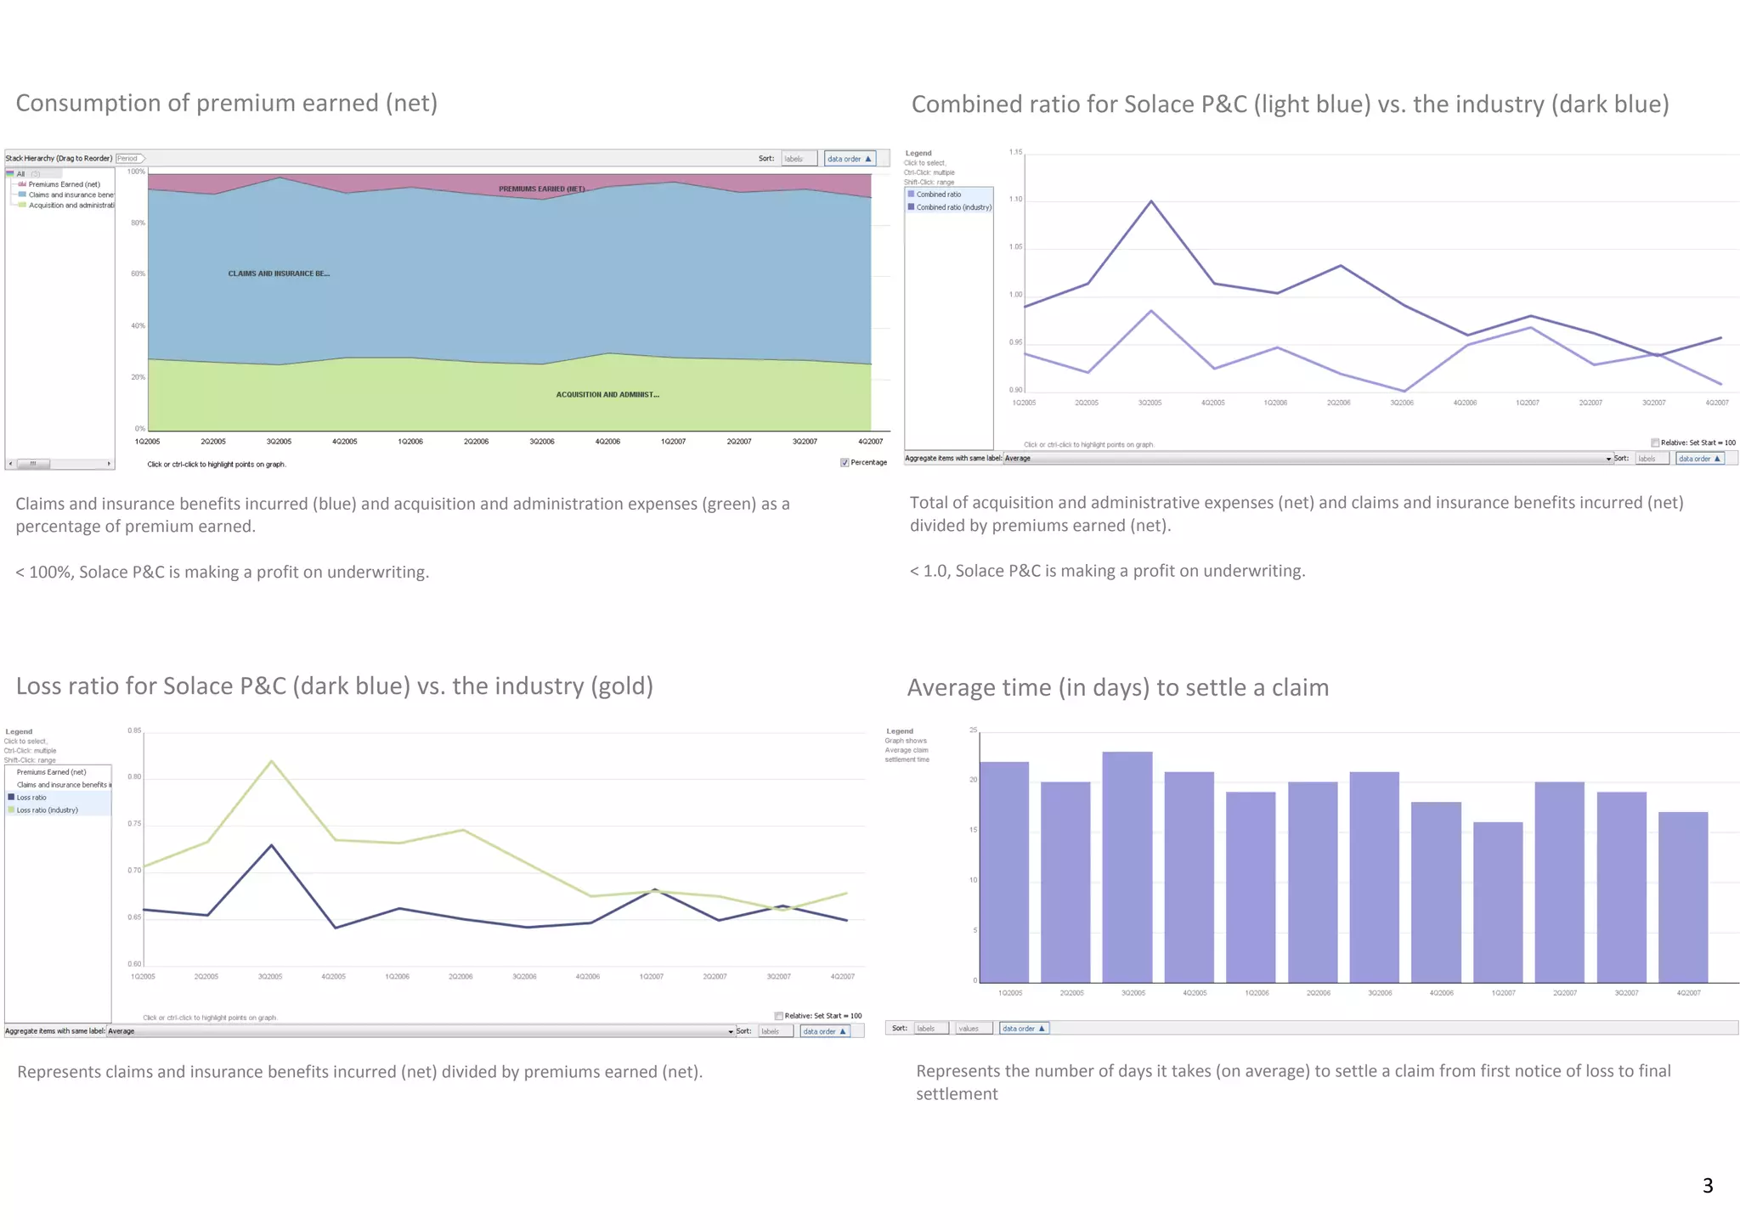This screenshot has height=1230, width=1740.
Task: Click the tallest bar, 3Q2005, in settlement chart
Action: [1127, 866]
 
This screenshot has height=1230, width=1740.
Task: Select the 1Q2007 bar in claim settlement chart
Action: [1497, 901]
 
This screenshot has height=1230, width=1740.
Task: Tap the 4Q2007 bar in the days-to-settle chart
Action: [1682, 896]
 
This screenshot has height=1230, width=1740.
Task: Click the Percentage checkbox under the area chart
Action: [844, 463]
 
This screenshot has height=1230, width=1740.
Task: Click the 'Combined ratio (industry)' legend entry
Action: [952, 207]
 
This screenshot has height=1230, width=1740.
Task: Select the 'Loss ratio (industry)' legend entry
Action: [48, 810]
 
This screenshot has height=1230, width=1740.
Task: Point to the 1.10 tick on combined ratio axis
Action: [1015, 200]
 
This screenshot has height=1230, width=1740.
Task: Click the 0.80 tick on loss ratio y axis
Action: [134, 776]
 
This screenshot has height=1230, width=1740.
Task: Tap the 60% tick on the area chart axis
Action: [138, 274]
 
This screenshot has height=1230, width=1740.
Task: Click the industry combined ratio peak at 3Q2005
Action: [1151, 201]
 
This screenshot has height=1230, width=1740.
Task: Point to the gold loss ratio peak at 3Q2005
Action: [271, 761]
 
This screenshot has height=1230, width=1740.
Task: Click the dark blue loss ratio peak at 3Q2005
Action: [271, 845]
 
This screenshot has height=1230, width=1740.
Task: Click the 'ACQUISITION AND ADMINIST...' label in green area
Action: [607, 394]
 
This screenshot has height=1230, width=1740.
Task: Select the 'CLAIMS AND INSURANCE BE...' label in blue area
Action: [279, 274]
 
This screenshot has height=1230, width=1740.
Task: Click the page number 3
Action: [1707, 1185]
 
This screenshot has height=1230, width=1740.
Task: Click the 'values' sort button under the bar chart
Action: [969, 1029]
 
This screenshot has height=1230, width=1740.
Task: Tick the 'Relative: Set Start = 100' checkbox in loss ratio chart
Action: [779, 1016]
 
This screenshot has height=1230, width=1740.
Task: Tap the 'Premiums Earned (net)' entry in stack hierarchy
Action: [64, 184]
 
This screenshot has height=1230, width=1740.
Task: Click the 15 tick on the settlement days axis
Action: [973, 830]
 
